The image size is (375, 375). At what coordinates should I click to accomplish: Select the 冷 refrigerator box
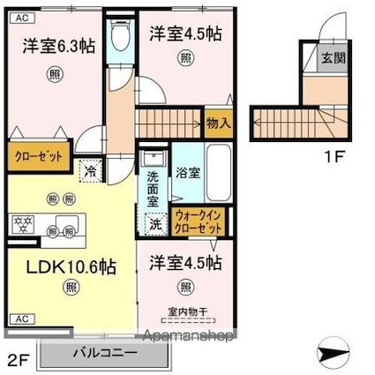tap(89, 171)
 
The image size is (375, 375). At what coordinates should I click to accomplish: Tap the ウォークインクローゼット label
tap(199, 220)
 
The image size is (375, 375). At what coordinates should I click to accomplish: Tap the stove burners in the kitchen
tap(20, 222)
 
